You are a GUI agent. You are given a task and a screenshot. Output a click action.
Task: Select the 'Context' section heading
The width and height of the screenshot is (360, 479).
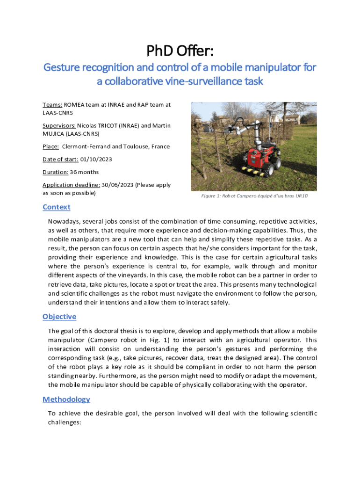point(56,207)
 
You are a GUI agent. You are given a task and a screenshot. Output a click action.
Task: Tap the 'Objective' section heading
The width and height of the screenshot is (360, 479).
point(59,317)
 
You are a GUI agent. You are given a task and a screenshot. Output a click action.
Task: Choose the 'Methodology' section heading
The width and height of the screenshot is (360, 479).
point(66,399)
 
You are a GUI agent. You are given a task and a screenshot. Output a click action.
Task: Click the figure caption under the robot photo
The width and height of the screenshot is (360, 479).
point(254,196)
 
